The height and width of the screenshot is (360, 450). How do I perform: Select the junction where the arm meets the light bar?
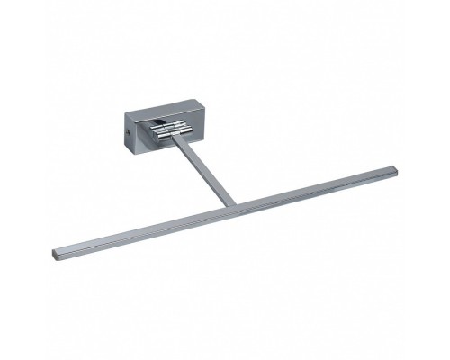coord(232,204)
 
